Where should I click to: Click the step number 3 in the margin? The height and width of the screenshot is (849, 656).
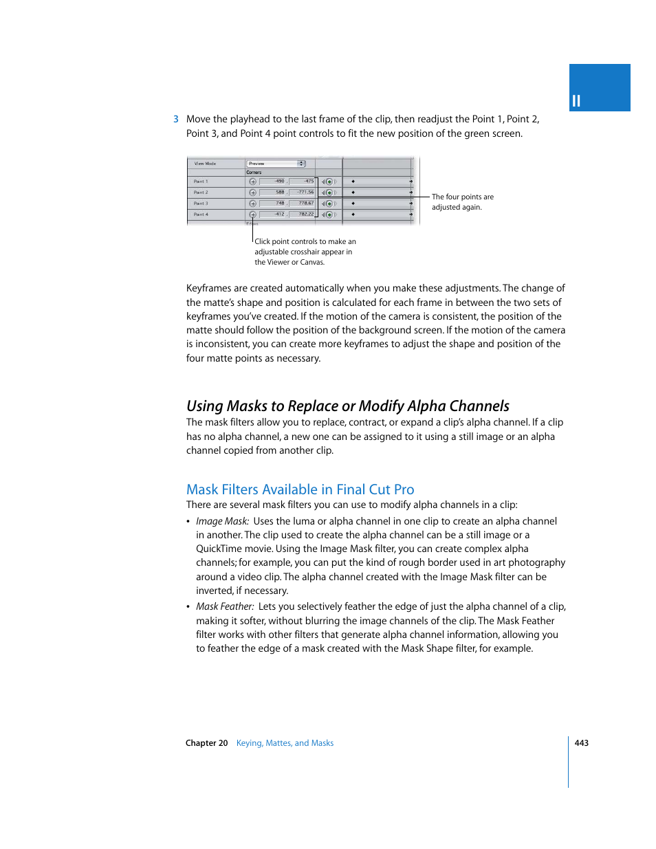(176, 120)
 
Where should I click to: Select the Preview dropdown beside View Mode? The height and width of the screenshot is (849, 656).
(276, 164)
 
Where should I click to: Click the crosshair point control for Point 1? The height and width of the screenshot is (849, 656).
(252, 182)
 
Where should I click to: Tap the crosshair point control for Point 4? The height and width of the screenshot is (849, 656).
(252, 214)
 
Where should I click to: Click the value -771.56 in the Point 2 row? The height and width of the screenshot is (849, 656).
(303, 192)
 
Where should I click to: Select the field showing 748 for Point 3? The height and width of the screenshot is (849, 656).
(273, 203)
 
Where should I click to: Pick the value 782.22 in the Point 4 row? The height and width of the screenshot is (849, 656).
(303, 214)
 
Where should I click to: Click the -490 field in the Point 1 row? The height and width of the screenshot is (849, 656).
(273, 181)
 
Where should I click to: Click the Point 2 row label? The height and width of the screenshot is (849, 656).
(201, 192)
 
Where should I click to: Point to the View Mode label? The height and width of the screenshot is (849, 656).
(205, 164)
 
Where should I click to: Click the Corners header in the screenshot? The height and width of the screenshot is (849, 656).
(254, 173)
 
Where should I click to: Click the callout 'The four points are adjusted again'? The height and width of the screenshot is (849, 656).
(462, 202)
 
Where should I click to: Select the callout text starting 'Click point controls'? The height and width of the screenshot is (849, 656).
(305, 252)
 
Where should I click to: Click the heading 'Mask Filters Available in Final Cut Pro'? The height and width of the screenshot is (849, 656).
(300, 489)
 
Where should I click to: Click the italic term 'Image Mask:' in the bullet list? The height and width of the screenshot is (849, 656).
(222, 522)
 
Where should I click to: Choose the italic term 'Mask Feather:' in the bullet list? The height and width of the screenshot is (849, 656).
(225, 607)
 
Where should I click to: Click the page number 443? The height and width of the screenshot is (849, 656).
(581, 743)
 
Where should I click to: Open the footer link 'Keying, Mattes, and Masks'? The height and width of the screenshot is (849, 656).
(285, 743)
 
